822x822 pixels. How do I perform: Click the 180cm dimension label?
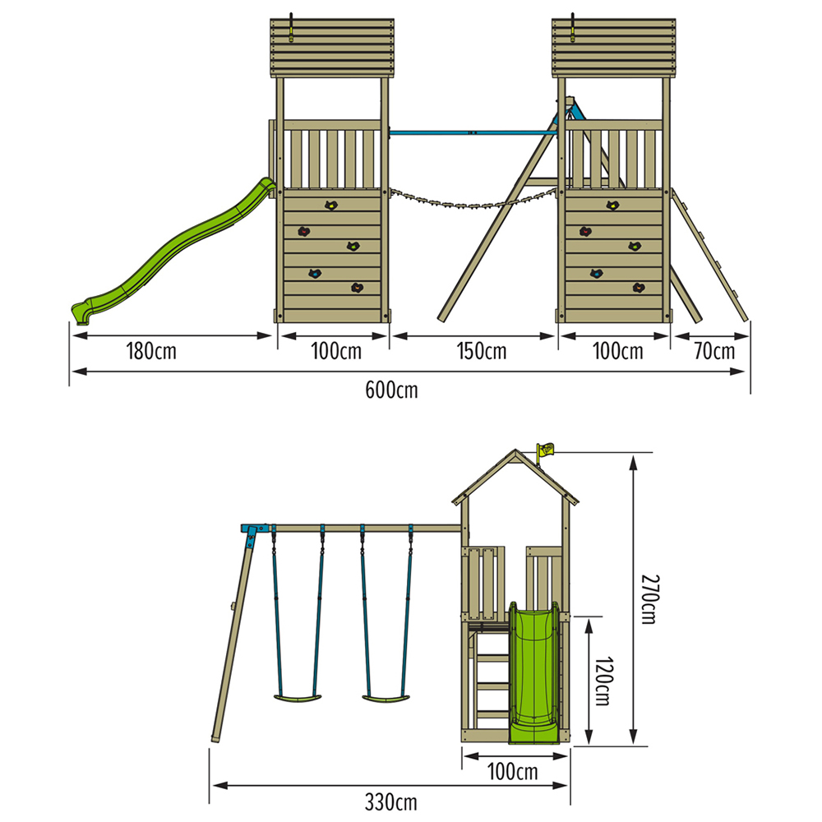pyautogui.click(x=151, y=353)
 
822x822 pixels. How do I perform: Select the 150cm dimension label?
pyautogui.click(x=482, y=353)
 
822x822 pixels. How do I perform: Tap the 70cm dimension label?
pyautogui.click(x=713, y=353)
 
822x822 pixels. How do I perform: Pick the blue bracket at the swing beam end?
pyautogui.click(x=255, y=530)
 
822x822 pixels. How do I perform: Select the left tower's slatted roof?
pyautogui.click(x=331, y=47)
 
